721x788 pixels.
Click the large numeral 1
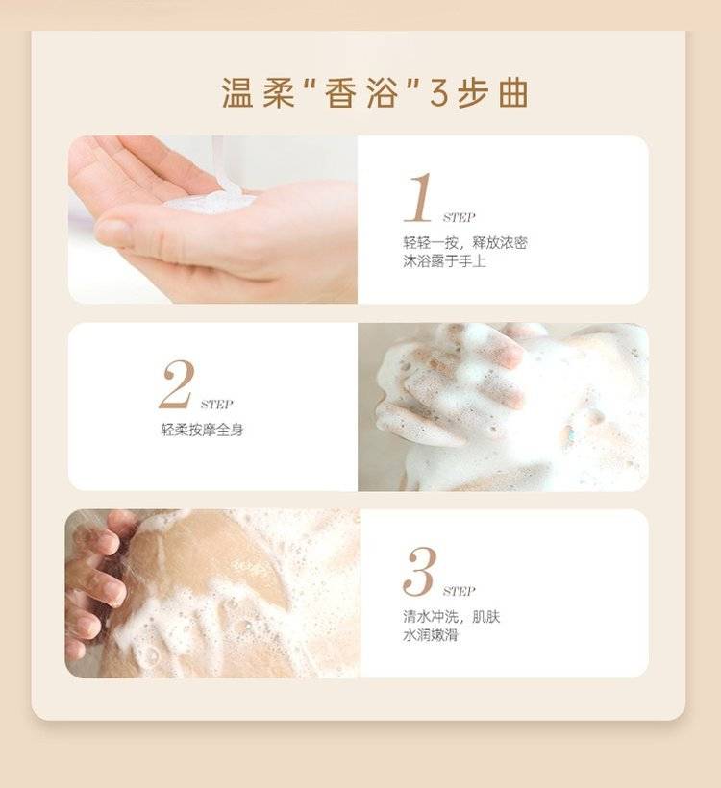[419, 197]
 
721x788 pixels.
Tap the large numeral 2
[177, 384]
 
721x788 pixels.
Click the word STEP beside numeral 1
[460, 217]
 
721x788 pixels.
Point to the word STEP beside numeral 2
[216, 405]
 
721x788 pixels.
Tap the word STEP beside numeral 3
[460, 591]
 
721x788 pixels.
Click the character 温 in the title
[237, 93]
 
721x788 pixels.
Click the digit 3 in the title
[438, 93]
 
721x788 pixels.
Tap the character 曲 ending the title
[513, 93]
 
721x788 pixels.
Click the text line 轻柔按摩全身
[202, 430]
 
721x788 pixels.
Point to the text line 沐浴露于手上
[444, 261]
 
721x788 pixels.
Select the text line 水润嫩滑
[431, 634]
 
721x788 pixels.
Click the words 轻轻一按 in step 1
[431, 243]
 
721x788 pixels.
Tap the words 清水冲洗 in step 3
[431, 616]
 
